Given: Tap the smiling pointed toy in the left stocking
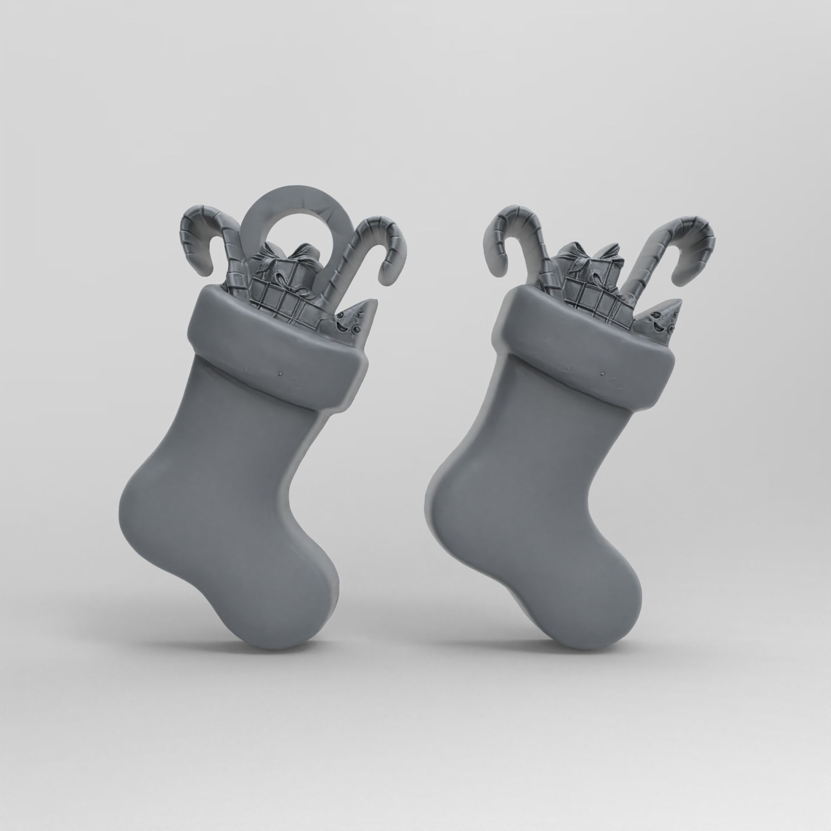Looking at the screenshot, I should coord(357,318).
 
